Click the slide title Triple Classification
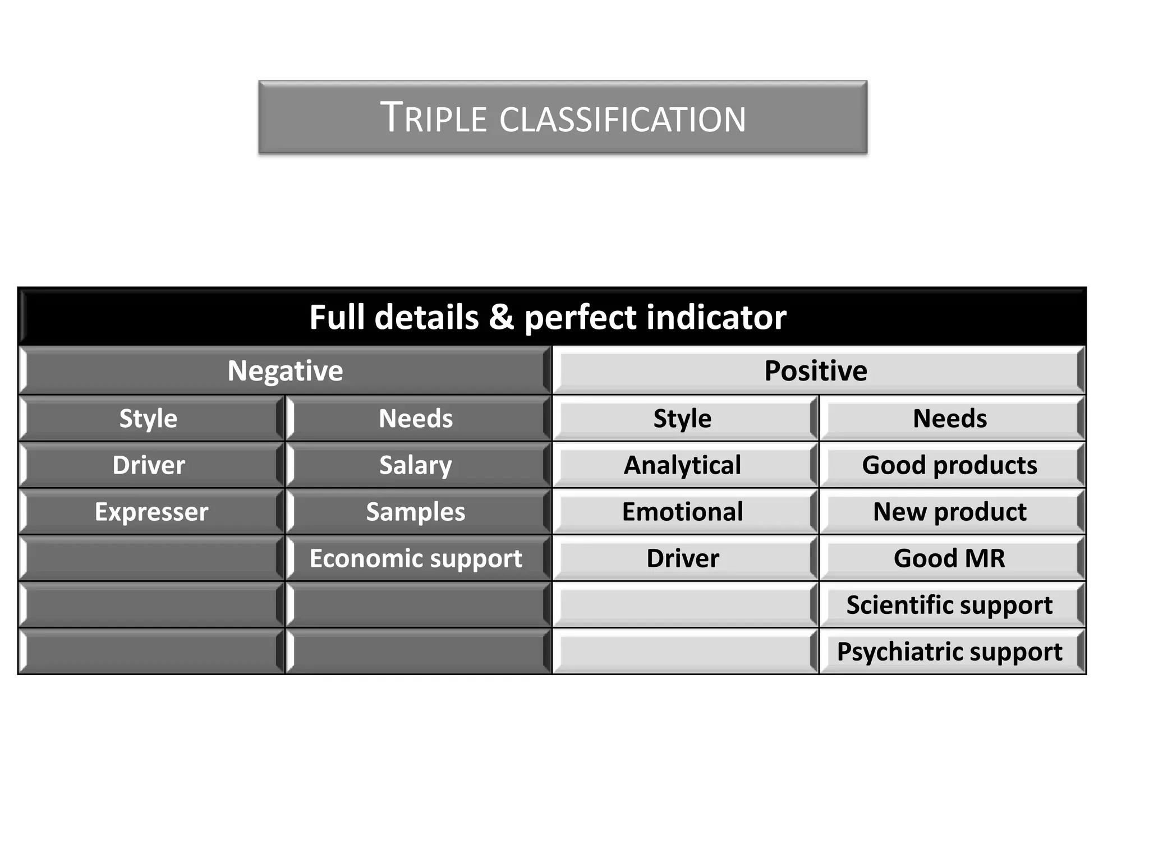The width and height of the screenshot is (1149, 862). tap(563, 117)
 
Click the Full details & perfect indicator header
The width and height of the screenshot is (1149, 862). tap(548, 317)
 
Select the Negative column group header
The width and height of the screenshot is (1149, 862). tap(285, 371)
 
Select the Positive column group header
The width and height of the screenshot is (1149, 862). tap(816, 371)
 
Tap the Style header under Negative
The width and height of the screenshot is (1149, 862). tap(149, 419)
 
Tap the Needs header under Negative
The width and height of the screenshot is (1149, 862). tap(416, 419)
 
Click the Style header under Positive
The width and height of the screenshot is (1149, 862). tap(682, 419)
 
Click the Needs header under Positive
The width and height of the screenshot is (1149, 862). tap(950, 419)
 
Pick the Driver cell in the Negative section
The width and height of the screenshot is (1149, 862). tap(149, 465)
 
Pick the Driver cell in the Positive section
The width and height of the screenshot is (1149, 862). tap(683, 558)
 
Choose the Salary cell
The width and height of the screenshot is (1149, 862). tap(416, 465)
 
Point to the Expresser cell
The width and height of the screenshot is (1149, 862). tap(151, 512)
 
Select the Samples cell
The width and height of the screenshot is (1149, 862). tap(416, 512)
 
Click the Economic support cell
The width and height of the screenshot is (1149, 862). tap(416, 558)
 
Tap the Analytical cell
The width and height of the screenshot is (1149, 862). tap(682, 465)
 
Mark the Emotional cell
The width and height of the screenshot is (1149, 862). tap(683, 512)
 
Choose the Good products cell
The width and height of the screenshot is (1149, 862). tap(950, 465)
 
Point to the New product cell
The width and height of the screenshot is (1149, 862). tap(950, 512)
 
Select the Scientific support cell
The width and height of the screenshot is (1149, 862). tap(950, 605)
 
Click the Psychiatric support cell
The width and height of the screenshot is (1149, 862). tap(950, 652)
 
